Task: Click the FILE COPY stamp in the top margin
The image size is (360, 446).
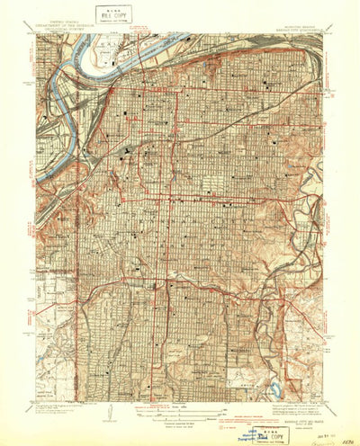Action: click(x=114, y=13)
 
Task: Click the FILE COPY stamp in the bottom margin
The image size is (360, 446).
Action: click(x=265, y=416)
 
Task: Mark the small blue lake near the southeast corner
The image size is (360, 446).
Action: click(x=278, y=390)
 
